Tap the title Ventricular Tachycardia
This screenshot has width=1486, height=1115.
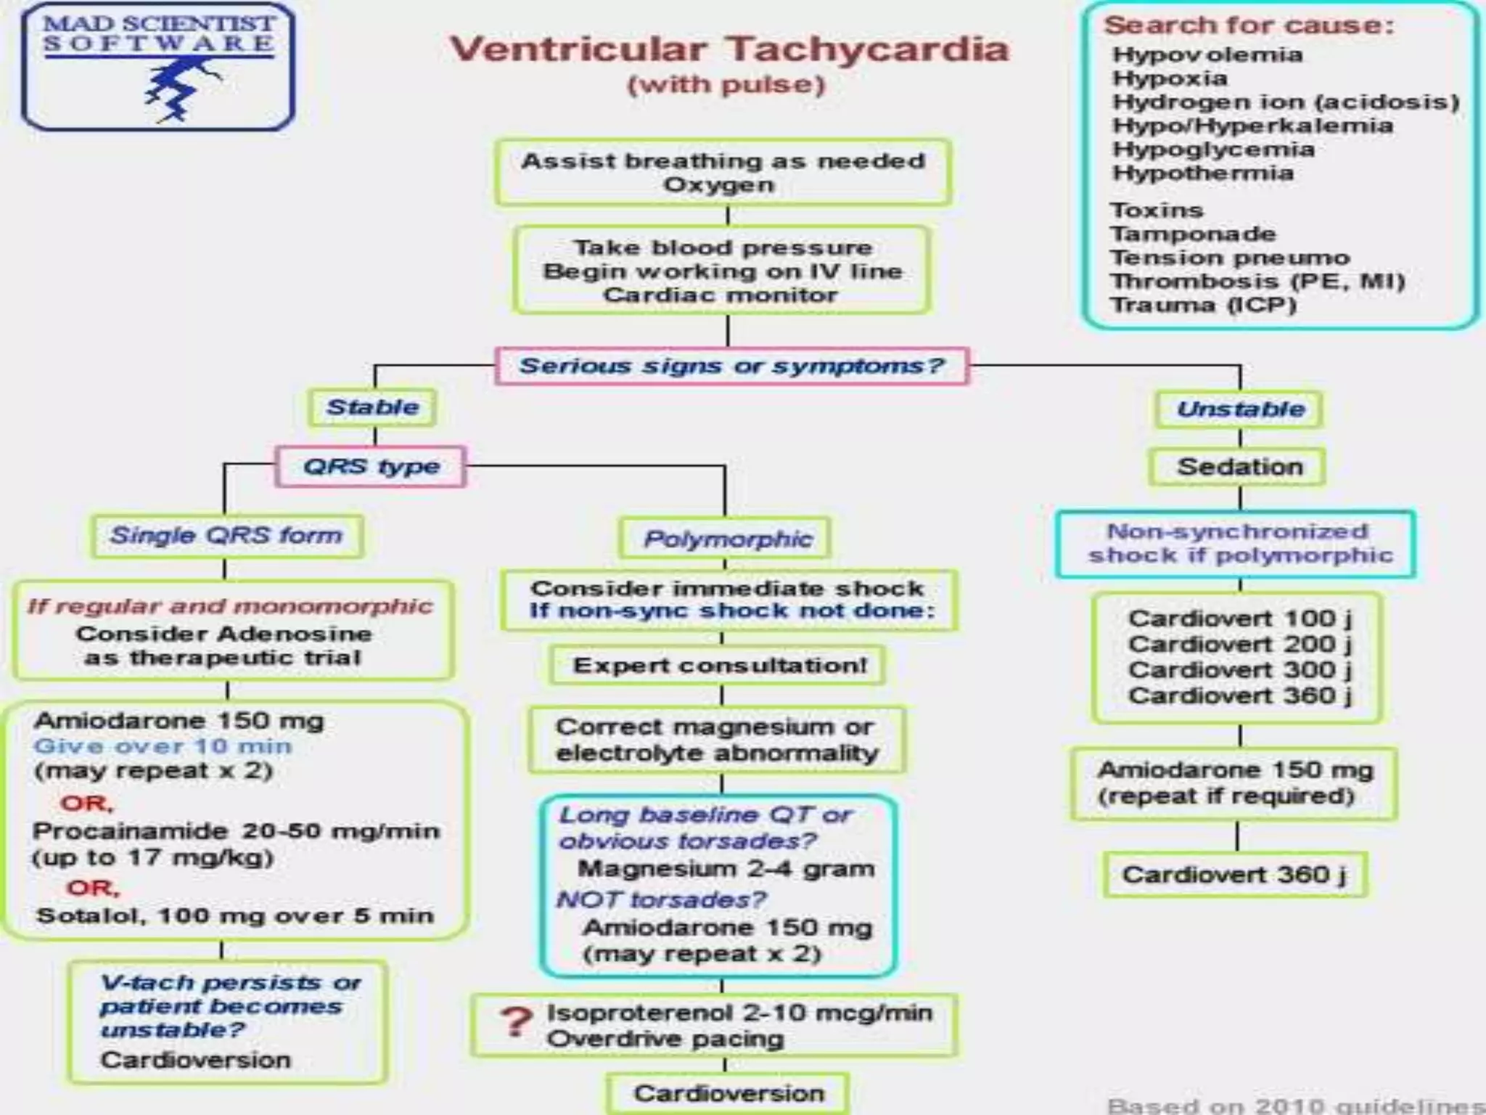[x=728, y=49]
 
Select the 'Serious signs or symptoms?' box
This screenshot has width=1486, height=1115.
[x=731, y=365]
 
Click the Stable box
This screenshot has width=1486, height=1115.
[x=372, y=407]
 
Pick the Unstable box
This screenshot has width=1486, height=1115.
[x=1240, y=409]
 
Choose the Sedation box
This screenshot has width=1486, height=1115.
[x=1239, y=467]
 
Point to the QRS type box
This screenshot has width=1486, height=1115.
[x=371, y=466]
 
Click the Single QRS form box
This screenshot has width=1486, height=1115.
[x=226, y=536]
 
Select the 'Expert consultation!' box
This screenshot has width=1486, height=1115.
[x=719, y=666]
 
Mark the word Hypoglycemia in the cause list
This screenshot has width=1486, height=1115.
[x=1213, y=150]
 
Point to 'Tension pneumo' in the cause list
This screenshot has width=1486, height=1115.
[x=1229, y=258]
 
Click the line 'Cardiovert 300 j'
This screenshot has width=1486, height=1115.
[x=1239, y=670]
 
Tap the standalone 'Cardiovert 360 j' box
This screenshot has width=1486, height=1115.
[x=1233, y=875]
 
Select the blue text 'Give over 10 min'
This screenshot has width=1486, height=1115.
[x=163, y=746]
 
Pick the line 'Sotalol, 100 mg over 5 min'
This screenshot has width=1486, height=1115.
[x=235, y=915]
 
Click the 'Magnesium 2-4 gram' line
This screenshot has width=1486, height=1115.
[x=726, y=869]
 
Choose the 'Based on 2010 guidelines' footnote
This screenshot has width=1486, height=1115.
[x=1296, y=1105]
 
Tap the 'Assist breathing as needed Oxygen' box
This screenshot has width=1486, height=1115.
[x=723, y=173]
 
